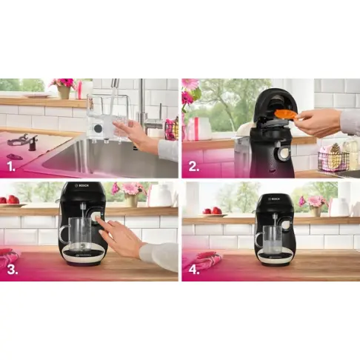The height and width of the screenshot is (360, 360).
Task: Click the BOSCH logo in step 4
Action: [276, 199]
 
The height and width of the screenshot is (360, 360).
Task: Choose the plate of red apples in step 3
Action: [11, 201]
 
